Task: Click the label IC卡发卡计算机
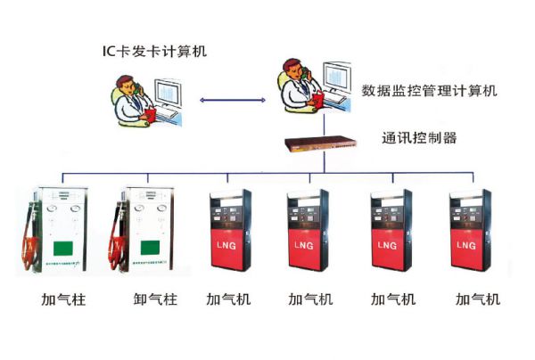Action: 153,51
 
